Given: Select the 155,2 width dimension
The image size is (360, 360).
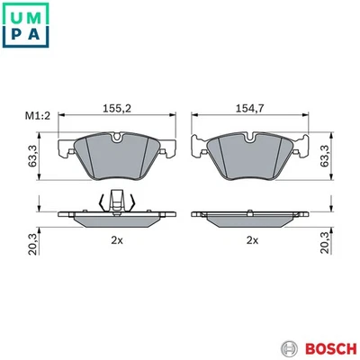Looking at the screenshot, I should [117, 108].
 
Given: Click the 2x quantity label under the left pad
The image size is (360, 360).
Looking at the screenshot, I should [116, 240].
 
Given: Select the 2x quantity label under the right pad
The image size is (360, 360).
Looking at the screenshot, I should [252, 240].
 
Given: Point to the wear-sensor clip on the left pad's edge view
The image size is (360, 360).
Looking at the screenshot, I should [116, 203].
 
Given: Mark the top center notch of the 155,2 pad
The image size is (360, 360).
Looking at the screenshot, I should [117, 137].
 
